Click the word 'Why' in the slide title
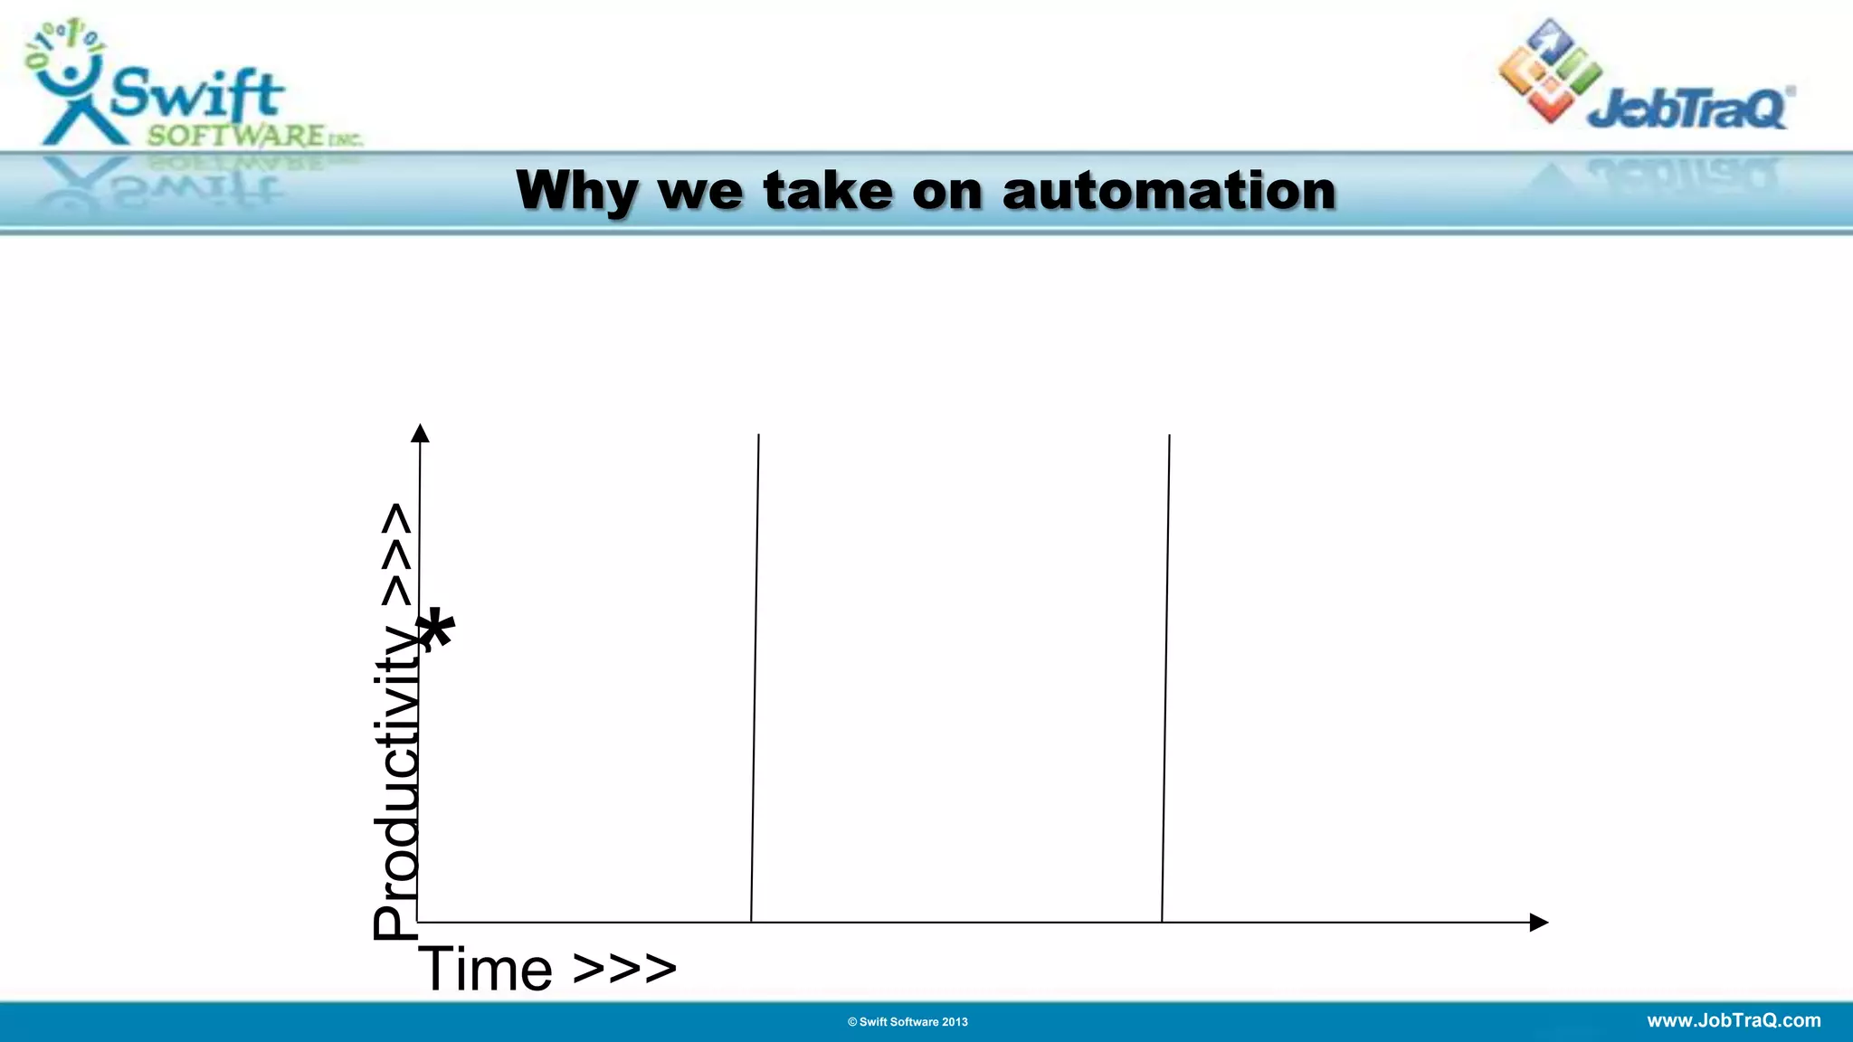coord(576,192)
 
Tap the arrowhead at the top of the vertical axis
coord(420,433)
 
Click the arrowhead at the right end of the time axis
coord(1538,923)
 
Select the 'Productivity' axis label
coord(396,782)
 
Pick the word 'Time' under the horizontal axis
coord(486,970)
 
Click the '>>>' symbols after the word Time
coord(624,970)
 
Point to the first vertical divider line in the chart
coord(755,678)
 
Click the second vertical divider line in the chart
coord(1165,678)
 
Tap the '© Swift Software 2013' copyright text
coord(907,1022)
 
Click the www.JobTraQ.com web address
coord(1734,1020)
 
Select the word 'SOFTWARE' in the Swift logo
coord(235,137)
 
